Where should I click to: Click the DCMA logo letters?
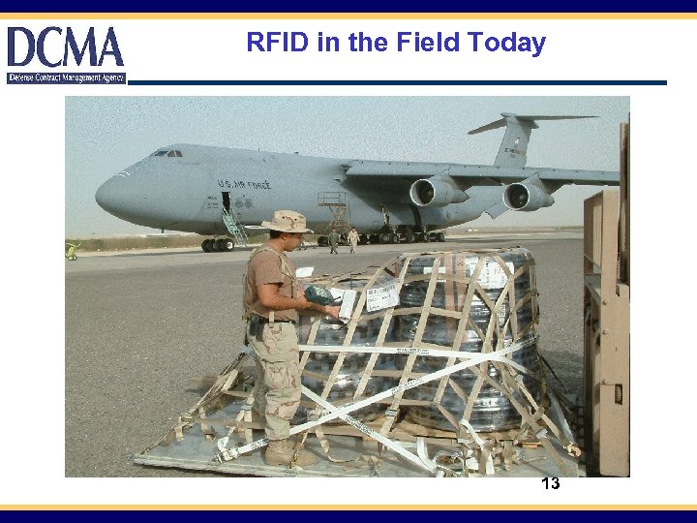pos(66,47)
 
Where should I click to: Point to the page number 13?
pos(550,483)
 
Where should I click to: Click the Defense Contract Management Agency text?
pos(66,77)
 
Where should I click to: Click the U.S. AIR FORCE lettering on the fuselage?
pos(244,183)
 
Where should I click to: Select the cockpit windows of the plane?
pos(167,153)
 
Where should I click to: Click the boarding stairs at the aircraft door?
pos(234,227)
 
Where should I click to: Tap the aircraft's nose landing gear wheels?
pos(210,245)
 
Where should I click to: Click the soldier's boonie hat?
pos(288,223)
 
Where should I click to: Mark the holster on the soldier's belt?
pos(256,328)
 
